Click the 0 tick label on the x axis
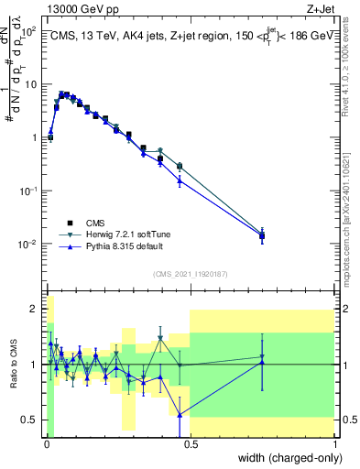[x=45, y=445]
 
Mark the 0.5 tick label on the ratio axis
[x=30, y=420]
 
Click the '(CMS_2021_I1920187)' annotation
[x=191, y=272]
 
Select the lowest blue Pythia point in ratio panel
[x=180, y=415]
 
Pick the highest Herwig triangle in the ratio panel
[x=160, y=338]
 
